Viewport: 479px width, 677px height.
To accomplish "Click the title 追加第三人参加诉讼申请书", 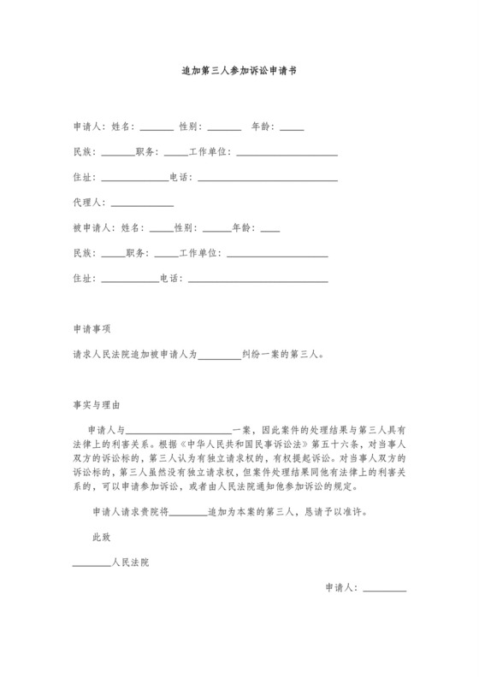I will click(x=239, y=74).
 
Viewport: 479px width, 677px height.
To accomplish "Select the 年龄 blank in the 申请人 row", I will click(x=292, y=128).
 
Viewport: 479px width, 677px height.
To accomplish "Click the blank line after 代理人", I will click(x=142, y=204).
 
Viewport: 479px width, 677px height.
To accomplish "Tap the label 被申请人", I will click(x=93, y=229).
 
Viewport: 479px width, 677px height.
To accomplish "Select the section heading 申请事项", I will click(x=94, y=328).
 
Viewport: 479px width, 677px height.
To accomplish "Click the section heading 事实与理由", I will click(x=98, y=403).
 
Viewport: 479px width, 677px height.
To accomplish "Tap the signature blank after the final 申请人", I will click(x=387, y=589).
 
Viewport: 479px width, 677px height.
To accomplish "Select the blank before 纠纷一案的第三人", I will click(x=220, y=354).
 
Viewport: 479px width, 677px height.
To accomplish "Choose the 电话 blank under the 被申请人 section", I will click(x=257, y=279).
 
